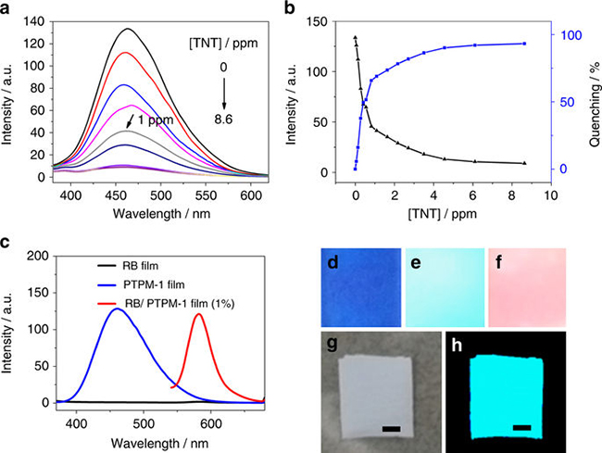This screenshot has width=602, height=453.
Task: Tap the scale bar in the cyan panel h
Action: (x=521, y=429)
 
